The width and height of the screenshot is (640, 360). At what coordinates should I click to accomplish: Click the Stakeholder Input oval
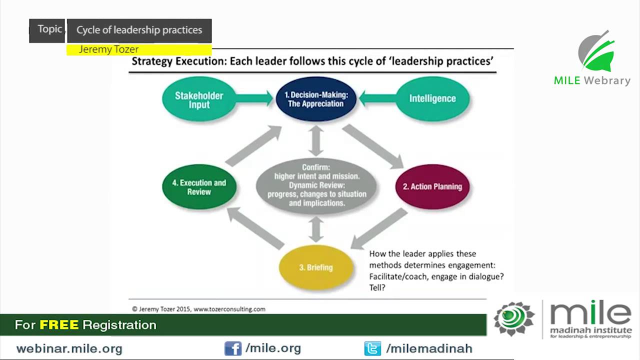pyautogui.click(x=199, y=99)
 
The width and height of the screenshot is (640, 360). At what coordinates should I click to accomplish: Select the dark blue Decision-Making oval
pyautogui.click(x=315, y=98)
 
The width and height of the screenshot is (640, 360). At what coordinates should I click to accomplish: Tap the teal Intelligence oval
pyautogui.click(x=432, y=98)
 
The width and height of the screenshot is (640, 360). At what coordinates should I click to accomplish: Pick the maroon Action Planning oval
pyautogui.click(x=432, y=186)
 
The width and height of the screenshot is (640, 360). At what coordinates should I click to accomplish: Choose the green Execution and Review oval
pyautogui.click(x=199, y=186)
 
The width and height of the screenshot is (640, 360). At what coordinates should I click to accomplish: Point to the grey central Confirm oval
pyautogui.click(x=316, y=185)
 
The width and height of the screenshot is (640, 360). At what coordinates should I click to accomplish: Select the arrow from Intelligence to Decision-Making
pyautogui.click(x=377, y=98)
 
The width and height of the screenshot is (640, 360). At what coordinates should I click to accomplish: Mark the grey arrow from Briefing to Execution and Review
pyautogui.click(x=255, y=228)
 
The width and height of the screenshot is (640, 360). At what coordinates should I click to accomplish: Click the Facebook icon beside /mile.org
pyautogui.click(x=232, y=348)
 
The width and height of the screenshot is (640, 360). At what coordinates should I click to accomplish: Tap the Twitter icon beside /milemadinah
pyautogui.click(x=372, y=348)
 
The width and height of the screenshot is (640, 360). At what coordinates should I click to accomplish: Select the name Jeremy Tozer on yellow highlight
pyautogui.click(x=108, y=49)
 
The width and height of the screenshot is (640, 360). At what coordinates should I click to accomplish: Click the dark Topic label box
pyautogui.click(x=48, y=30)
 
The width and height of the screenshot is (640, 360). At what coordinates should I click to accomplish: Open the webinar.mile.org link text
pyautogui.click(x=69, y=348)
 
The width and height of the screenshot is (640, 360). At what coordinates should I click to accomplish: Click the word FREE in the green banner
pyautogui.click(x=59, y=325)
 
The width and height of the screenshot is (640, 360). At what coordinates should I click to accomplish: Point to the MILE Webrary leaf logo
pyautogui.click(x=596, y=52)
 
